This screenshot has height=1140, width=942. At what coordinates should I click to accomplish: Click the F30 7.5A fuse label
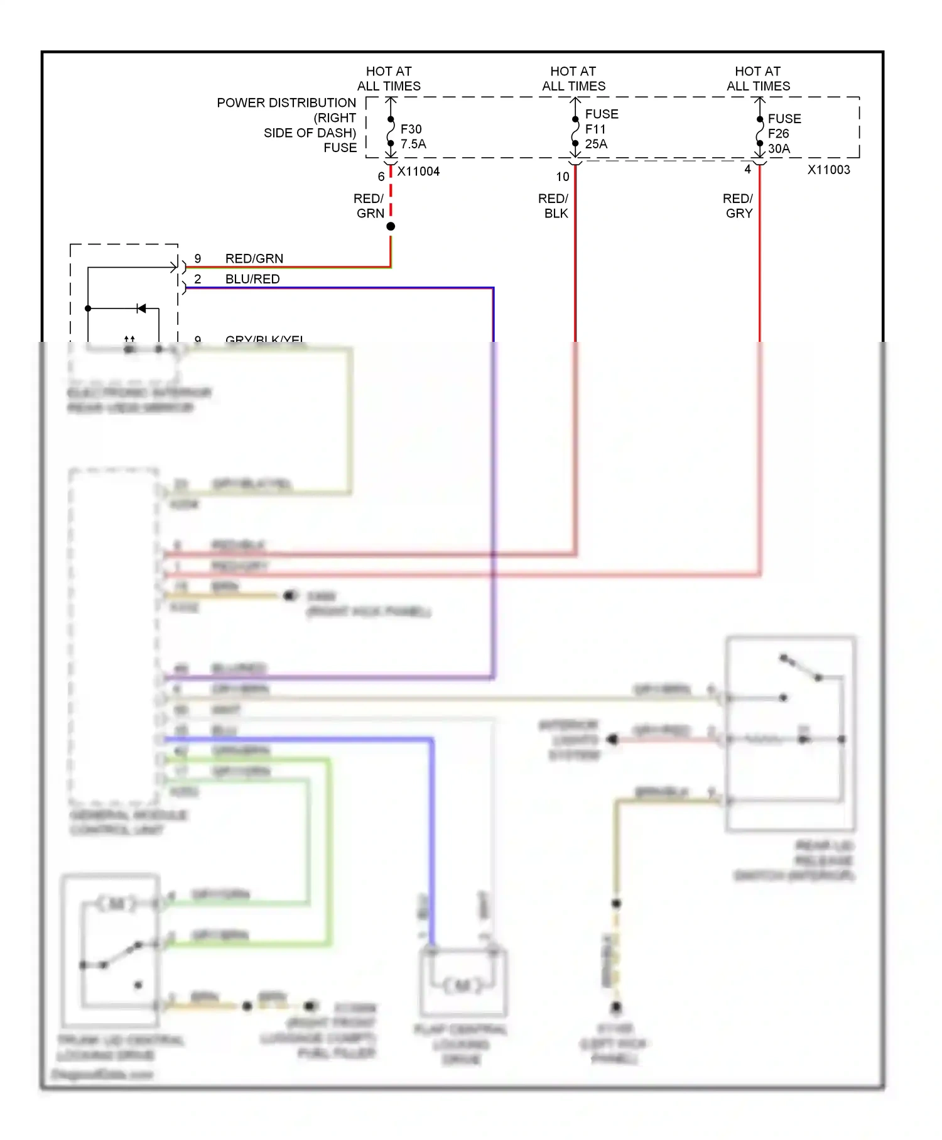pos(413,136)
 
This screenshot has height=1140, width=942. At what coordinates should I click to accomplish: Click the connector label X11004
pos(418,172)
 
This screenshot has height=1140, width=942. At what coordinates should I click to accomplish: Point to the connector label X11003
pos(828,170)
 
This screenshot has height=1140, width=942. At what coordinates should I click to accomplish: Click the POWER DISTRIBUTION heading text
pos(286,102)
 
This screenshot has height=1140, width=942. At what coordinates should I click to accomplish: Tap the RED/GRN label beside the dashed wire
pos(369,206)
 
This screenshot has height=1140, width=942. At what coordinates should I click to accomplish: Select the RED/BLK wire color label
pos(554,206)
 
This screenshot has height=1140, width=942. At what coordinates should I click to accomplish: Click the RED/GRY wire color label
pos(738,206)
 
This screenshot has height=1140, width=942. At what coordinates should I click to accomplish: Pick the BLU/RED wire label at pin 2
pos(252,279)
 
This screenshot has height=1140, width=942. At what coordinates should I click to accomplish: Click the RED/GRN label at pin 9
pos(254,258)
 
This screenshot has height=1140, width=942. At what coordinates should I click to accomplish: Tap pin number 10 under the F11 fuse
pos(563,177)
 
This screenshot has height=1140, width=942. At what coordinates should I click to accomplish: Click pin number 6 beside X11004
pos(381,177)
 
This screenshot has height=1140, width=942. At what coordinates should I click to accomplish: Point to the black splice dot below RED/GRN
pos(391,226)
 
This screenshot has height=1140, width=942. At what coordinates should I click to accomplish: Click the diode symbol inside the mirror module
pos(141,308)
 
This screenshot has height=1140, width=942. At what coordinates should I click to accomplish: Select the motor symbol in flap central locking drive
pos(463,985)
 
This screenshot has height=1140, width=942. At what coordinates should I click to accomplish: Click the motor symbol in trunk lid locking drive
pos(117,904)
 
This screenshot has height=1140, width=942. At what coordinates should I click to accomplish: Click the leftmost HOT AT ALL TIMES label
pos(389,79)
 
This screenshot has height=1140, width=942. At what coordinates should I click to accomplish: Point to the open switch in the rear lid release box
pos(801,668)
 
